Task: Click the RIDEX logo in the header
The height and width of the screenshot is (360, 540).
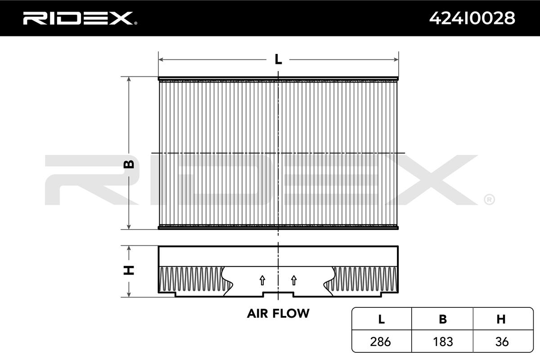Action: point(77,18)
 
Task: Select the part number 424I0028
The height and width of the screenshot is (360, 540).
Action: point(472,18)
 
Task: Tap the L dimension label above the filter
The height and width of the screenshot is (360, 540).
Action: point(278,59)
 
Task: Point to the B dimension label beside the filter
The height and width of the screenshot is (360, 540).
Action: point(129,164)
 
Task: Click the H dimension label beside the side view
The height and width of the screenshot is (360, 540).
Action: point(129,270)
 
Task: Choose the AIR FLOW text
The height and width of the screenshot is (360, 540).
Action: point(278,313)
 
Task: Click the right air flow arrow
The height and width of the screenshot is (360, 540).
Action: point(294,280)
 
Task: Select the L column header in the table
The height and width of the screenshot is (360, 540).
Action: point(381,319)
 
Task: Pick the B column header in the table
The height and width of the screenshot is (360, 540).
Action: point(443,319)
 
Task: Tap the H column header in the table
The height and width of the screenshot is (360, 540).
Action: point(501,319)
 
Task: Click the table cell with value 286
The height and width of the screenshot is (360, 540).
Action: point(381,342)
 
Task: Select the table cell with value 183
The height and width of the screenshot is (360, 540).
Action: point(443,342)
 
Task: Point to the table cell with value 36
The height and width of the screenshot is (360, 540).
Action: point(501,342)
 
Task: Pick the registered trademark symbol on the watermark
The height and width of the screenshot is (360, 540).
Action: point(489,199)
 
